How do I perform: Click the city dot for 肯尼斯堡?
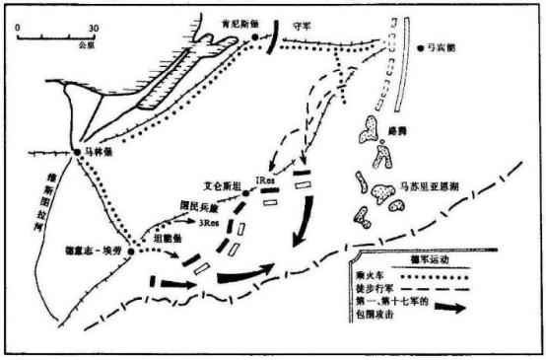pos(255,37)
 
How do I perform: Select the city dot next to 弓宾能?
pos(420,45)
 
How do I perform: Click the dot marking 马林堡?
pos(77,152)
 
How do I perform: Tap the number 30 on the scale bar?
pos(94,28)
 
